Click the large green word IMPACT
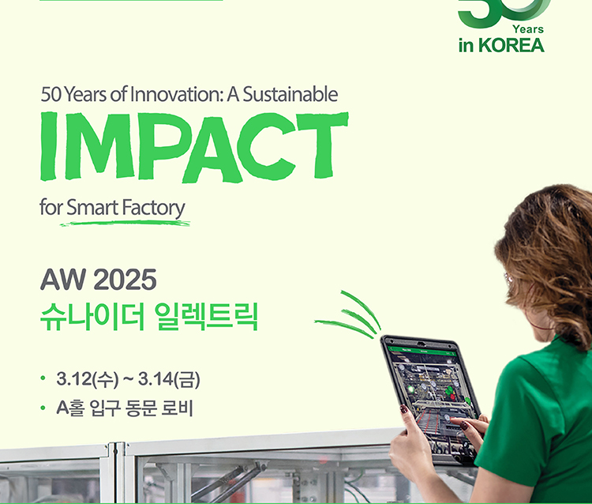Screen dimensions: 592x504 pos(194,147)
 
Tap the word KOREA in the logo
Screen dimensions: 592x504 pos(511,45)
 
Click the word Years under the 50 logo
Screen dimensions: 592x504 pos(528,29)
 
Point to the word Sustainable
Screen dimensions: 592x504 pos(290,94)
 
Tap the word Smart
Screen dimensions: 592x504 pos(92,208)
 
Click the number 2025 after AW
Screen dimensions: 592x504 pos(125,280)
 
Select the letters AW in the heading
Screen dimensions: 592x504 pos(63,280)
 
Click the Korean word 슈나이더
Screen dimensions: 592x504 pos(92,316)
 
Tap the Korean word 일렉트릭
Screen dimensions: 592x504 pos(207,316)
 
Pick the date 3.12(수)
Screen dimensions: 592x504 pos(87,378)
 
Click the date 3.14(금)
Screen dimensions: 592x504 pos(169,378)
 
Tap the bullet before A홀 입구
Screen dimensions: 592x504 pos(43,408)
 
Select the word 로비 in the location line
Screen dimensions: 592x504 pos(177,408)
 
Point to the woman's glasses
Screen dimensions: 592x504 pos(509,280)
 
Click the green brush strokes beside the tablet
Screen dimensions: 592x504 pos(348,315)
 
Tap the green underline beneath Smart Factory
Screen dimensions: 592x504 pos(125,223)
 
